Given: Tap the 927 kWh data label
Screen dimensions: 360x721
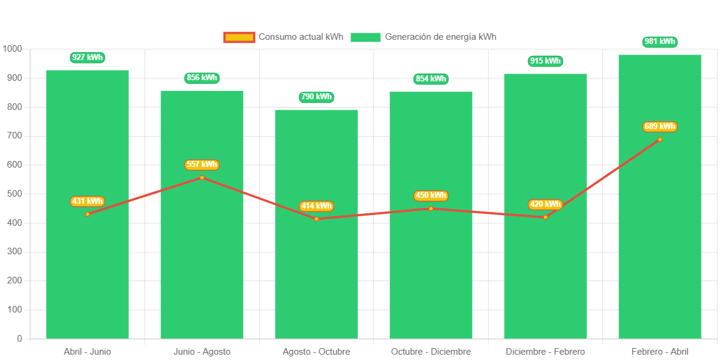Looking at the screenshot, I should coord(87,58).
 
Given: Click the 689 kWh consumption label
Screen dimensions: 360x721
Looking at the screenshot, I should coord(660,127).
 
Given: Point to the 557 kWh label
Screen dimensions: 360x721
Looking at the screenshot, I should coord(202,165).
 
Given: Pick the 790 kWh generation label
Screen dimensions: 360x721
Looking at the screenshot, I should coord(316,97).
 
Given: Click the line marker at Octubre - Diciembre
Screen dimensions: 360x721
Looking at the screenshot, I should coord(431,209).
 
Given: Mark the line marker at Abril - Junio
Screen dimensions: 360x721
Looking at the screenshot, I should coord(87,214).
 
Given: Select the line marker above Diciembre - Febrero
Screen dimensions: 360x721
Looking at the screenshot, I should coord(546,217).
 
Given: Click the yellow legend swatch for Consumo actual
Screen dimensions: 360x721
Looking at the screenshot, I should coord(239,37).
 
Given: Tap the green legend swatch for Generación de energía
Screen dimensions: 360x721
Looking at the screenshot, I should coord(365,37).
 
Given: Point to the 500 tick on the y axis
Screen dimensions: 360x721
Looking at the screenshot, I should coord(14,194).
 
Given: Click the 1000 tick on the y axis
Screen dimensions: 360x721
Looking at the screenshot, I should coord(12,49).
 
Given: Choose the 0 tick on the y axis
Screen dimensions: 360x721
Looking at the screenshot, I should coord(20,339).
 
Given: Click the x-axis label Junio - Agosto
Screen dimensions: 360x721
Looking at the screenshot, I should coord(202,352).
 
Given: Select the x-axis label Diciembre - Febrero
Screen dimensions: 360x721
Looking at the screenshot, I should coord(545,352).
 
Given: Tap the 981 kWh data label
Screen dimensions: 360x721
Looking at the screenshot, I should coord(660,42).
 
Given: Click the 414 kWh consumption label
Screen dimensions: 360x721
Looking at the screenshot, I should coord(316,206).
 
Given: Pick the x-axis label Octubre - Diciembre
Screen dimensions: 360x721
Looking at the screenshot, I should coord(431,352).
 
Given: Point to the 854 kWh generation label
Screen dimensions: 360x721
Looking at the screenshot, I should coord(431,79).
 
